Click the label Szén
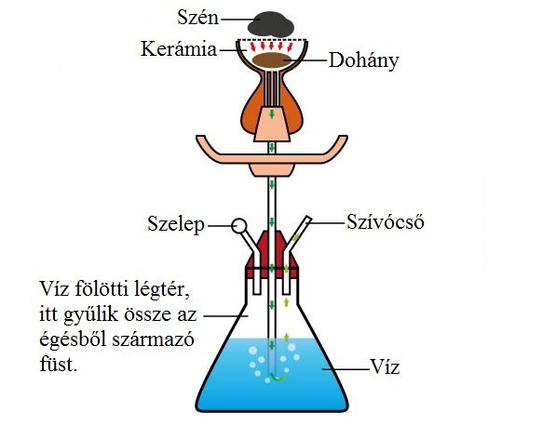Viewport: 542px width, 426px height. click(198, 18)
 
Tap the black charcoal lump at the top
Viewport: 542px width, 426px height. click(271, 24)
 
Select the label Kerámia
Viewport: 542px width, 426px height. click(179, 48)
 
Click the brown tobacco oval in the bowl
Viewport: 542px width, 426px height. click(271, 60)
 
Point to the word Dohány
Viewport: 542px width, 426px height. click(363, 60)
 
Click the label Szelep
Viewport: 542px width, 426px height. click(176, 224)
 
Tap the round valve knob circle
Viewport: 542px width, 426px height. click(239, 226)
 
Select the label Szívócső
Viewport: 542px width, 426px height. click(386, 221)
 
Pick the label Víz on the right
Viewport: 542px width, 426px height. click(385, 366)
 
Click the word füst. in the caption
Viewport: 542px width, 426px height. click(58, 364)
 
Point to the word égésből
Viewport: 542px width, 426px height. click(73, 340)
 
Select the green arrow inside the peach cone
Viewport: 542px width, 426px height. click(272, 113)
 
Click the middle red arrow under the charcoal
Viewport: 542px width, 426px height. click(272, 46)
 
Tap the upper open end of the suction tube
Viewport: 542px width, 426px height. click(308, 219)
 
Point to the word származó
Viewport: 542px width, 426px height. click(153, 340)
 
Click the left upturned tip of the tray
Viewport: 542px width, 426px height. click(200, 138)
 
